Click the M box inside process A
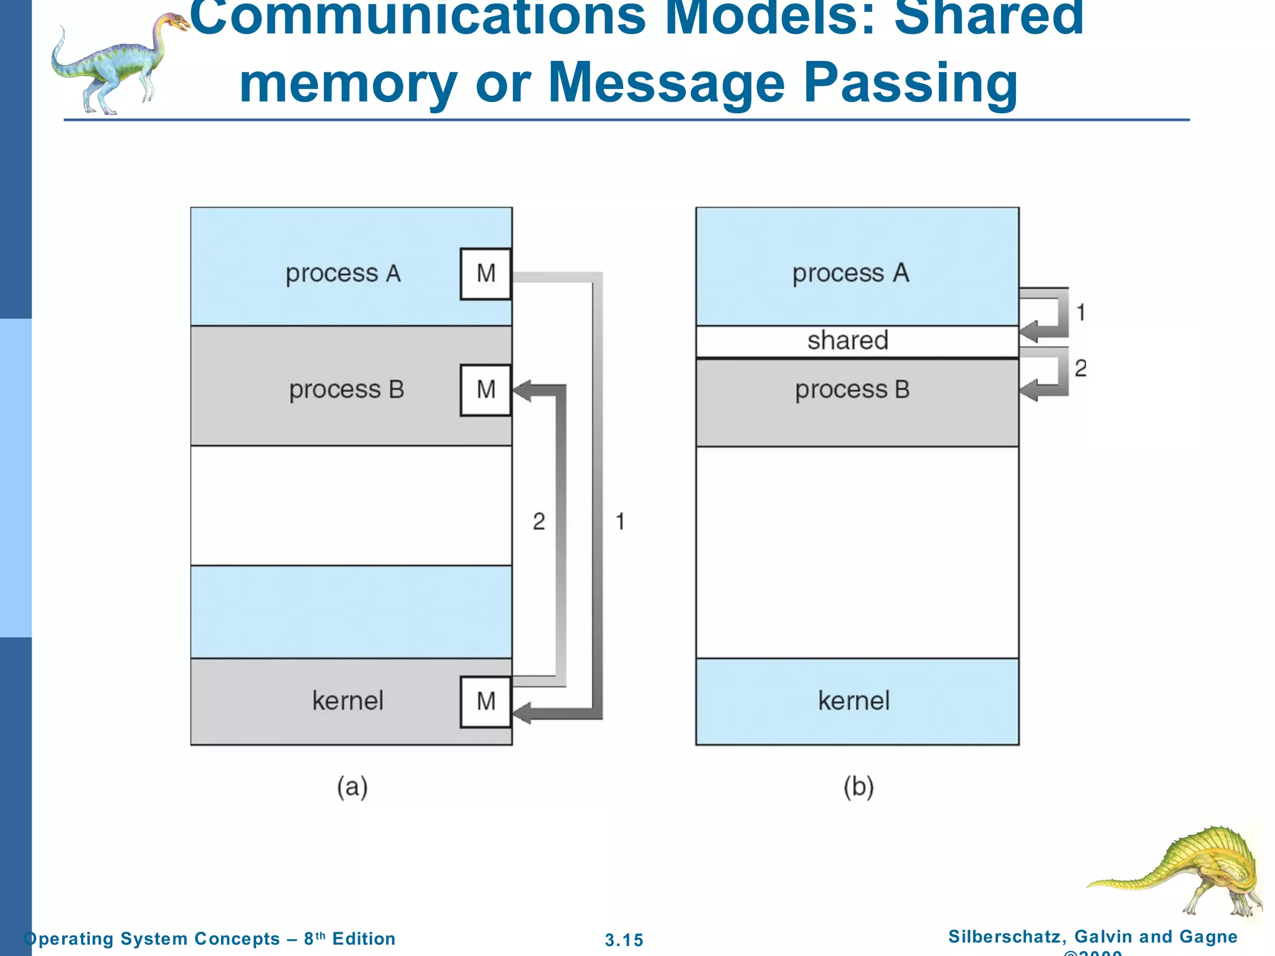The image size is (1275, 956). click(x=486, y=274)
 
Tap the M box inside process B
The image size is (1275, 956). click(x=486, y=390)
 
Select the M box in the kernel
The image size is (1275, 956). click(x=486, y=701)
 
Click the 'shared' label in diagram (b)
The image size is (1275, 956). click(x=847, y=341)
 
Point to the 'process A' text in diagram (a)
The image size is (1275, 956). click(x=343, y=274)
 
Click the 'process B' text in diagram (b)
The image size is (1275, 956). click(x=852, y=390)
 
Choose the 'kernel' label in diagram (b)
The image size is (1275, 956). click(x=854, y=701)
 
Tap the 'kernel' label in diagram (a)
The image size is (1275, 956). click(x=347, y=701)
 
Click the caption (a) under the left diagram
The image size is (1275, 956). click(x=352, y=787)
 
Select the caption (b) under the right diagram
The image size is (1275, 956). click(x=859, y=787)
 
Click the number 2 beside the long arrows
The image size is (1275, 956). click(x=539, y=522)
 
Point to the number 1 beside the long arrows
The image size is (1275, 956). click(x=620, y=522)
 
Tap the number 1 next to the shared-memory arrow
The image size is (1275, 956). click(x=1081, y=312)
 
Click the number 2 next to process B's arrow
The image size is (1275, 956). click(x=1081, y=368)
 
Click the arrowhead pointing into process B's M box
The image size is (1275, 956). click(x=522, y=391)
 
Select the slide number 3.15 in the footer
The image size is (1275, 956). click(x=624, y=940)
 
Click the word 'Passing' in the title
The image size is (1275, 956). click(x=910, y=84)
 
